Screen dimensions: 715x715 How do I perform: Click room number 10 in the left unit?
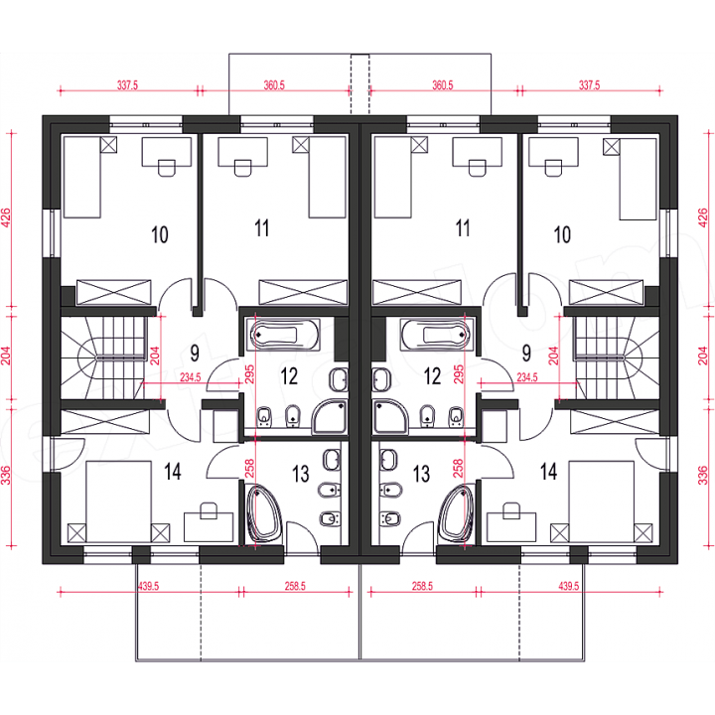pyautogui.click(x=160, y=234)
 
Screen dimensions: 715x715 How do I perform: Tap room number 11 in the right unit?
pyautogui.click(x=463, y=228)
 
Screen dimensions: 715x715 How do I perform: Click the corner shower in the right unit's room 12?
pyautogui.click(x=389, y=417)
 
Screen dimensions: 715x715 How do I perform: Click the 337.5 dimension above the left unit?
pyautogui.click(x=127, y=85)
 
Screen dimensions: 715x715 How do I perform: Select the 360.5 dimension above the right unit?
pyautogui.click(x=442, y=85)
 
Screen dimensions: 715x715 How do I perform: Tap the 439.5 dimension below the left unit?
pyautogui.click(x=149, y=586)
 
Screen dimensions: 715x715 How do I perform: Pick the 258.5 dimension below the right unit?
pyautogui.click(x=422, y=586)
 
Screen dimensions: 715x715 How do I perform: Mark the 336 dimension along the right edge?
pyautogui.click(x=703, y=475)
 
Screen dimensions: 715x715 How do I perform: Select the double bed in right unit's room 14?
pyautogui.click(x=602, y=501)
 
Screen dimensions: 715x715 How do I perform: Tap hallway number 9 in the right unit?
pyautogui.click(x=526, y=353)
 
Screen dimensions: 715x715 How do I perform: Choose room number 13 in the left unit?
pyautogui.click(x=301, y=474)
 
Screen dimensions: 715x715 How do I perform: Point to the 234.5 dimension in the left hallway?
pyautogui.click(x=190, y=377)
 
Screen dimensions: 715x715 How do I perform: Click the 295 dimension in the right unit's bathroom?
pyautogui.click(x=459, y=374)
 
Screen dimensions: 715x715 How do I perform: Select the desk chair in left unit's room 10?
pyautogui.click(x=167, y=168)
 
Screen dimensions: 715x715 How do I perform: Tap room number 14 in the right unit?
pyautogui.click(x=548, y=472)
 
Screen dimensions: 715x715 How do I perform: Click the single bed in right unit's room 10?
pyautogui.click(x=638, y=179)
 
